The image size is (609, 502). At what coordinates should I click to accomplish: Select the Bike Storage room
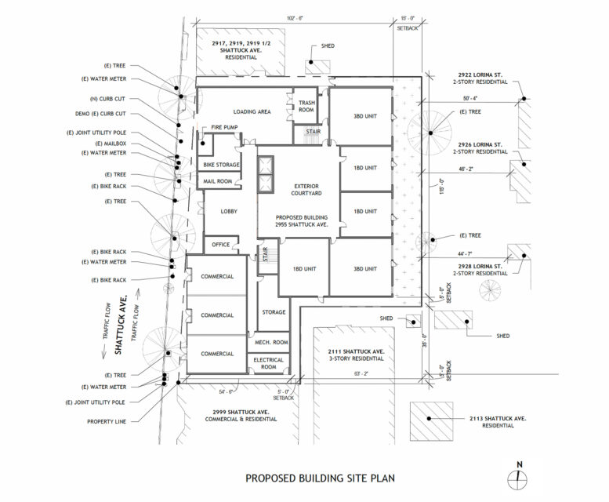(220, 165)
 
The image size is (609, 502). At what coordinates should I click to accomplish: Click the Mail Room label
(219, 181)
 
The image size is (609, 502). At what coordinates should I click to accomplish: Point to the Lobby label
(229, 212)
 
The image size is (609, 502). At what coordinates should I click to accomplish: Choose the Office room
(221, 245)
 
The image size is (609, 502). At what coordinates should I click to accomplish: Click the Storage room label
(274, 312)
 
